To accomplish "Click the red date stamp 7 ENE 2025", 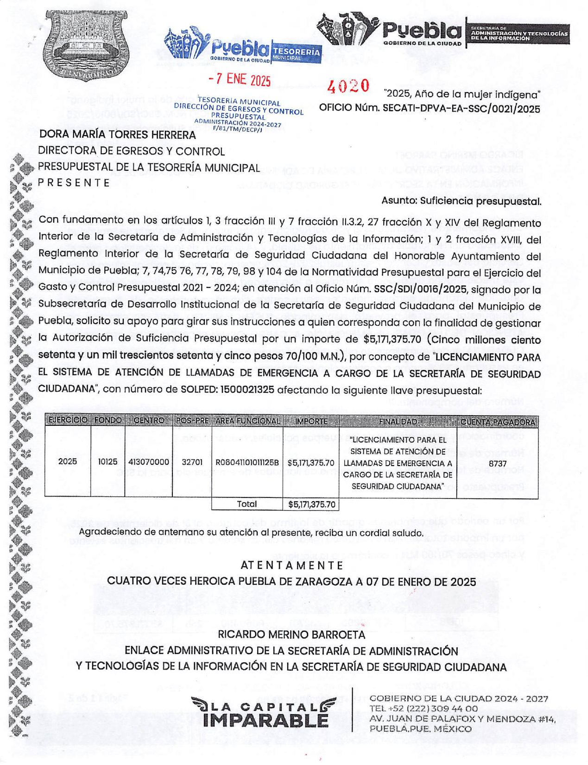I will (240, 80).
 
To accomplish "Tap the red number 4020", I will (348, 86).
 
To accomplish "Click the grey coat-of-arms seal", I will (85, 45).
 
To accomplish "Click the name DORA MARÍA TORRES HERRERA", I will (117, 135).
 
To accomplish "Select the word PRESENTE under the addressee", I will (74, 183).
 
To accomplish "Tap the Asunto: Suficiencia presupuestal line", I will (461, 201).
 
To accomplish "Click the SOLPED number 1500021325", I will (247, 390).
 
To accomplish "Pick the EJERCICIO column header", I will (68, 421).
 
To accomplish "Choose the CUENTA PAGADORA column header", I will (497, 422).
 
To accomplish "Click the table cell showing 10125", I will (107, 462).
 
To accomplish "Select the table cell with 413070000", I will (149, 462).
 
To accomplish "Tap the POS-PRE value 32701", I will (192, 462).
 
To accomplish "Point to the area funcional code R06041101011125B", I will (247, 462).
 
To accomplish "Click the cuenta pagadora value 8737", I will (498, 463).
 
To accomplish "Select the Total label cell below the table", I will (247, 504).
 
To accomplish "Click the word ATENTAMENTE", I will (292, 565).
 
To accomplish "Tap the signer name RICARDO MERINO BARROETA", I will (291, 634).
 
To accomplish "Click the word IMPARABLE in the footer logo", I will (266, 721).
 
